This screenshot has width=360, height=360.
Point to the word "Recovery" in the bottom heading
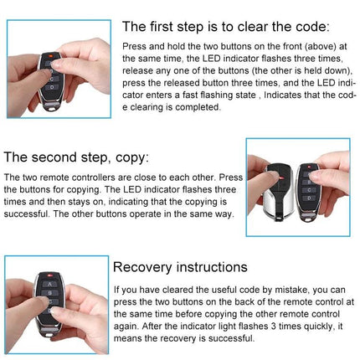pyautogui.click(x=146, y=267)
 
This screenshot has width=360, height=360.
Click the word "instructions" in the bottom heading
pyautogui.click(x=211, y=267)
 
